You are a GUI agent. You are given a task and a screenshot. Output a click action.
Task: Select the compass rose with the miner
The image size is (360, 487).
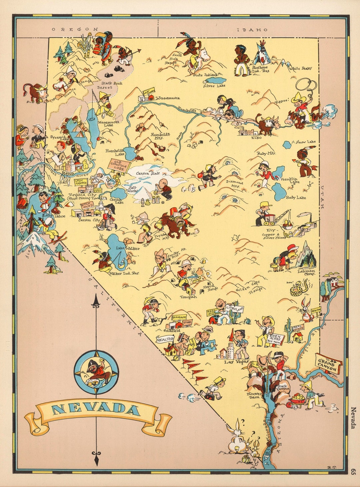(96, 371)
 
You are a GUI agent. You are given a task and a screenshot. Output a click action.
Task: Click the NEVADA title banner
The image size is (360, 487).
(96, 410)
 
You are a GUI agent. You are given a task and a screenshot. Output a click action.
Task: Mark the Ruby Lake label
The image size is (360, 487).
(296, 197)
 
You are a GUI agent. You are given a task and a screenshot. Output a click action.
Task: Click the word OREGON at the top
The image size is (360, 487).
(75, 29)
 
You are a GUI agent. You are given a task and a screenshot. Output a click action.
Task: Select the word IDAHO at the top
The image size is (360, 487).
(252, 30)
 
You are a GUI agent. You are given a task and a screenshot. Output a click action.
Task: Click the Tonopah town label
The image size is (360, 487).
(188, 297)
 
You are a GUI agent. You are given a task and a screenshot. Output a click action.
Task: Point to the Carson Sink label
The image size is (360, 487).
(148, 173)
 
